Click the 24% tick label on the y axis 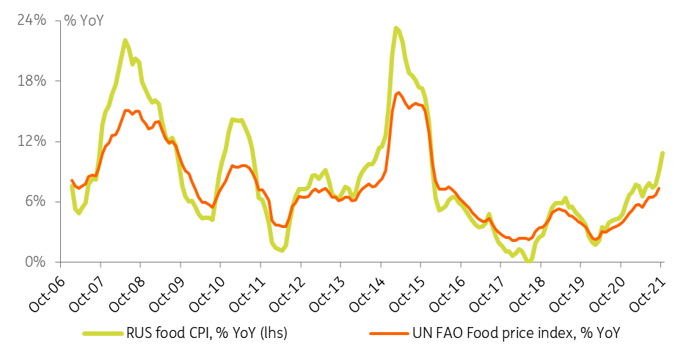pyautogui.click(x=32, y=21)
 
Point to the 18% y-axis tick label pyautogui.click(x=32, y=81)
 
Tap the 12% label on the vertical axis pyautogui.click(x=32, y=142)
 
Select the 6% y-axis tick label pyautogui.click(x=35, y=202)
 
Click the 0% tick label pyautogui.click(x=35, y=262)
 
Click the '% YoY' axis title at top pyautogui.click(x=84, y=21)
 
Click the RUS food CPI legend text pyautogui.click(x=207, y=333)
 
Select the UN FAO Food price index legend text pyautogui.click(x=516, y=333)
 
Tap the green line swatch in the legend pyautogui.click(x=103, y=333)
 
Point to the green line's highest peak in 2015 pyautogui.click(x=395, y=28)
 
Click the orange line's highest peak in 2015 pyautogui.click(x=398, y=92)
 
